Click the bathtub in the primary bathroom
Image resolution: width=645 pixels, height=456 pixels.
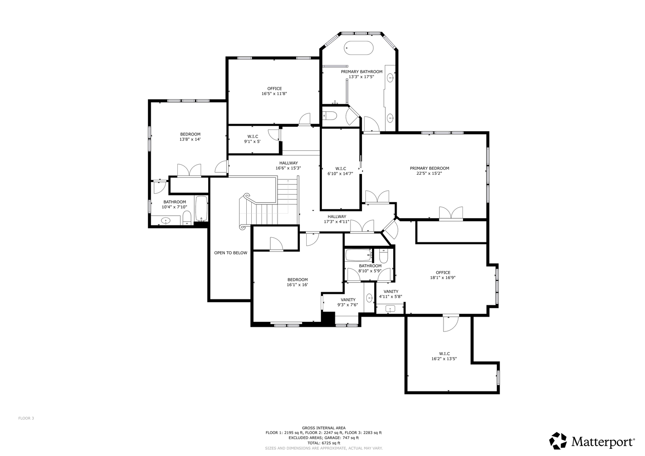pos(359,48)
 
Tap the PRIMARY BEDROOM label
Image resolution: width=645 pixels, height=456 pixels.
pos(429,168)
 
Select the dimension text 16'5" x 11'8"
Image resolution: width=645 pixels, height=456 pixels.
pos(274,94)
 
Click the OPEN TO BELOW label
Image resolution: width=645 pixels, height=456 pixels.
pos(230,253)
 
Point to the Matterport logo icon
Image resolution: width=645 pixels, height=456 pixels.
pos(558,441)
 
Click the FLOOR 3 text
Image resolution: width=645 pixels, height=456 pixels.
pos(26,418)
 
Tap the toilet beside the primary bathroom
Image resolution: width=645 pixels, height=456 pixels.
pos(328,116)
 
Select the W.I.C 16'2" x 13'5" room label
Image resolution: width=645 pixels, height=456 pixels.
pos(444,356)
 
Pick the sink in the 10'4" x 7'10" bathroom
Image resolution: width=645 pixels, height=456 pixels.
pos(166,220)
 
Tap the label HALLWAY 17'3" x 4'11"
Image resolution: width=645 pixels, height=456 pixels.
pos(337,219)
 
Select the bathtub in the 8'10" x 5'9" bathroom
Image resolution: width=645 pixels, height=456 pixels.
pos(358,255)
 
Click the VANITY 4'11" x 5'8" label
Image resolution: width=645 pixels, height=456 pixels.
pos(391,294)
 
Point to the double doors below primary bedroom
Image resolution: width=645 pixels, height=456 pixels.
pos(451,213)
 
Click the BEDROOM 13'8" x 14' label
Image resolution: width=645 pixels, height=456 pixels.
pos(190,137)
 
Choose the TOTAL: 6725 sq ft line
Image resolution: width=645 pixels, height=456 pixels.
pos(324,443)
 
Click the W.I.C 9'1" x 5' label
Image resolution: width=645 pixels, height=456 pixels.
pos(253,139)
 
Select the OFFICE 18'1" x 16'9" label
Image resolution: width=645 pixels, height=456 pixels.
pos(443,275)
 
